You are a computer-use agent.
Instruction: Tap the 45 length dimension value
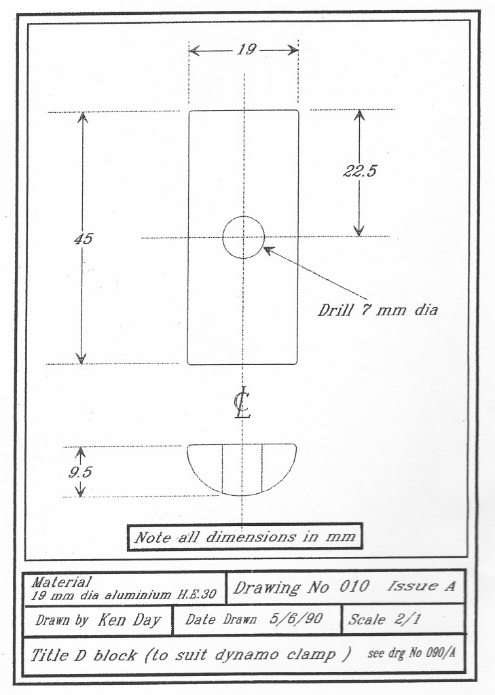pyautogui.click(x=83, y=239)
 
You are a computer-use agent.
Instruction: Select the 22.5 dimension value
pyautogui.click(x=359, y=171)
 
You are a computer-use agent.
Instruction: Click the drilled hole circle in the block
pyautogui.click(x=244, y=237)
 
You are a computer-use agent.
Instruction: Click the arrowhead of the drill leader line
pyautogui.click(x=266, y=249)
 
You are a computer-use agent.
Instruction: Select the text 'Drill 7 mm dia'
pyautogui.click(x=378, y=312)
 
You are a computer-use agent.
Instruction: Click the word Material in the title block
pyautogui.click(x=61, y=582)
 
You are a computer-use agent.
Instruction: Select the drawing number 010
pyautogui.click(x=355, y=587)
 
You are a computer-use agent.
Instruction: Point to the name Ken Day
pyautogui.click(x=130, y=620)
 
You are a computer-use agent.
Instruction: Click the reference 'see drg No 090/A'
pyautogui.click(x=411, y=654)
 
